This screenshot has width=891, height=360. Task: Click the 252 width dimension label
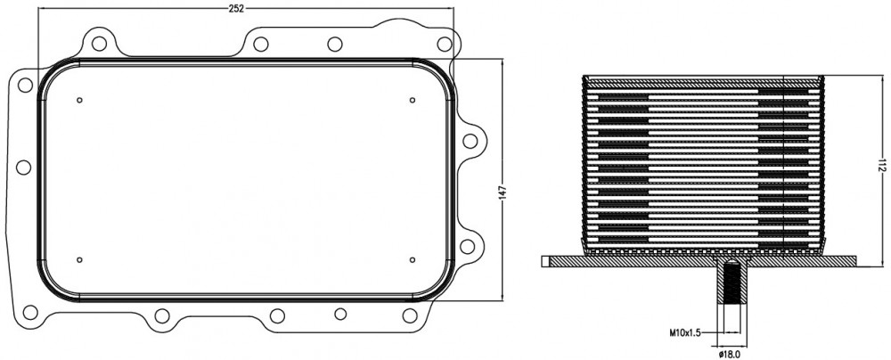(x=236, y=8)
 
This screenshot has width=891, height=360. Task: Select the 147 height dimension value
(x=503, y=194)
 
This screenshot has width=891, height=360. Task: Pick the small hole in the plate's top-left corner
(x=79, y=100)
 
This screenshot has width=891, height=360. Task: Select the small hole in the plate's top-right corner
(x=413, y=100)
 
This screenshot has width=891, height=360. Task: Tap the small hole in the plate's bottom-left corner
(x=79, y=260)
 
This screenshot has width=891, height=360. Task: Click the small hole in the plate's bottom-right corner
(x=413, y=260)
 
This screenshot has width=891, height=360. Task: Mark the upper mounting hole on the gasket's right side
(x=470, y=141)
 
